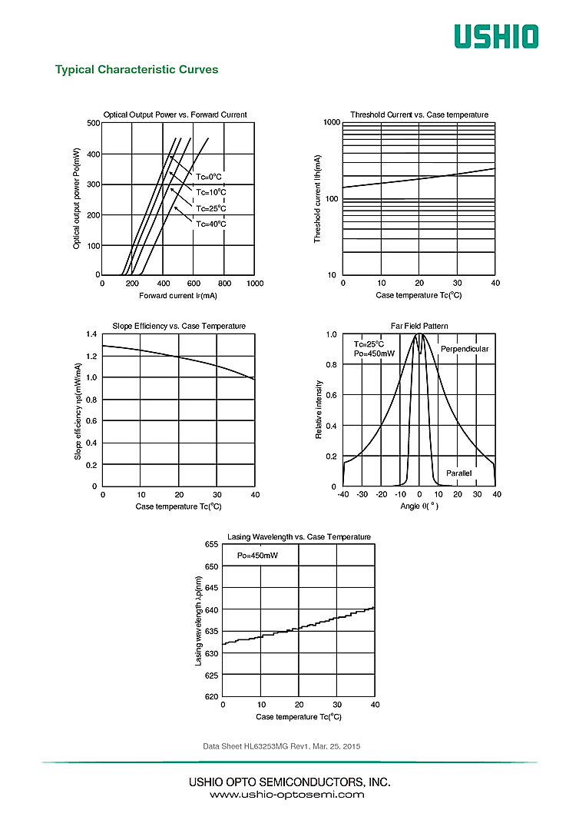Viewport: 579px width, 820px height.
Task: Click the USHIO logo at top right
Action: (x=495, y=36)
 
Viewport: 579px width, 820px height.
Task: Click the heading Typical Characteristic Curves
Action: (x=137, y=70)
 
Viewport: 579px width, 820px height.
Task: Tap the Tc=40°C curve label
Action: (x=210, y=224)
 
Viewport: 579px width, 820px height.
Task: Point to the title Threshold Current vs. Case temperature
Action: (x=419, y=115)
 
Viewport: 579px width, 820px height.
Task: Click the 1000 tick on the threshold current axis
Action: (x=331, y=123)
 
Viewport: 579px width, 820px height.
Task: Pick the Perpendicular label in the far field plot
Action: (x=465, y=349)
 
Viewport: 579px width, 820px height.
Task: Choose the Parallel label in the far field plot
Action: (x=459, y=473)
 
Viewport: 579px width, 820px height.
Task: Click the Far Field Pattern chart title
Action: (x=419, y=327)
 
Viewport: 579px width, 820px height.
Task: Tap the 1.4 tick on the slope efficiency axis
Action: (x=92, y=334)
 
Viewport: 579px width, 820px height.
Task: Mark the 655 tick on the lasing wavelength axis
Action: (x=210, y=544)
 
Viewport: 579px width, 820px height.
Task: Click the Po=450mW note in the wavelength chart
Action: (x=257, y=555)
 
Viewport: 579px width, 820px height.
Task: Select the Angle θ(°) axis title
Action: (x=419, y=506)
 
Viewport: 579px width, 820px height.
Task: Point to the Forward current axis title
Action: (x=178, y=296)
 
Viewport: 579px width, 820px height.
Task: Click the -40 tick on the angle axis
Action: (x=342, y=495)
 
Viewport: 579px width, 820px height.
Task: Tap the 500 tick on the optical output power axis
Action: (x=94, y=123)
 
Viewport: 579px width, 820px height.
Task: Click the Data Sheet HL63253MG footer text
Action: (x=281, y=746)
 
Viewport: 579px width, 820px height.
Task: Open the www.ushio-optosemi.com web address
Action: (x=287, y=795)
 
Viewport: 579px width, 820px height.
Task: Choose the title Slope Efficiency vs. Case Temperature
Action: (x=179, y=327)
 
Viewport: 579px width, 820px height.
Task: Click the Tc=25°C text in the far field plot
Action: (x=369, y=344)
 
